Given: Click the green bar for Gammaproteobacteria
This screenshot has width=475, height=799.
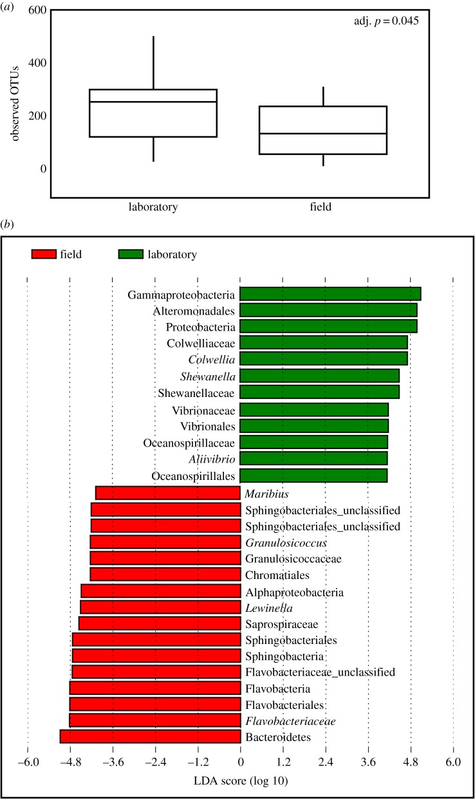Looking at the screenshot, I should (330, 294).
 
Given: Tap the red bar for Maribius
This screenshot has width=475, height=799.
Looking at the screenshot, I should (167, 493).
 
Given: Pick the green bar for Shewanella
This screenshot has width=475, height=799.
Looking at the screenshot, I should (319, 376).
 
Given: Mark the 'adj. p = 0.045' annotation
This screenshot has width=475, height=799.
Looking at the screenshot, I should (391, 21).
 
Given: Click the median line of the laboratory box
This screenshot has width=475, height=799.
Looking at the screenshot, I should (153, 102).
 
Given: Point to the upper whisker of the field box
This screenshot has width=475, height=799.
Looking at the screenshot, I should (322, 96).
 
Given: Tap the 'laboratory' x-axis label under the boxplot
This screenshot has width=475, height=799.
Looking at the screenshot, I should (153, 207).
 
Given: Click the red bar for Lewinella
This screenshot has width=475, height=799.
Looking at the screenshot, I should (160, 607).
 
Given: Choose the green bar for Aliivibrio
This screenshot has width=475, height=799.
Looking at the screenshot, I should (313, 458).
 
